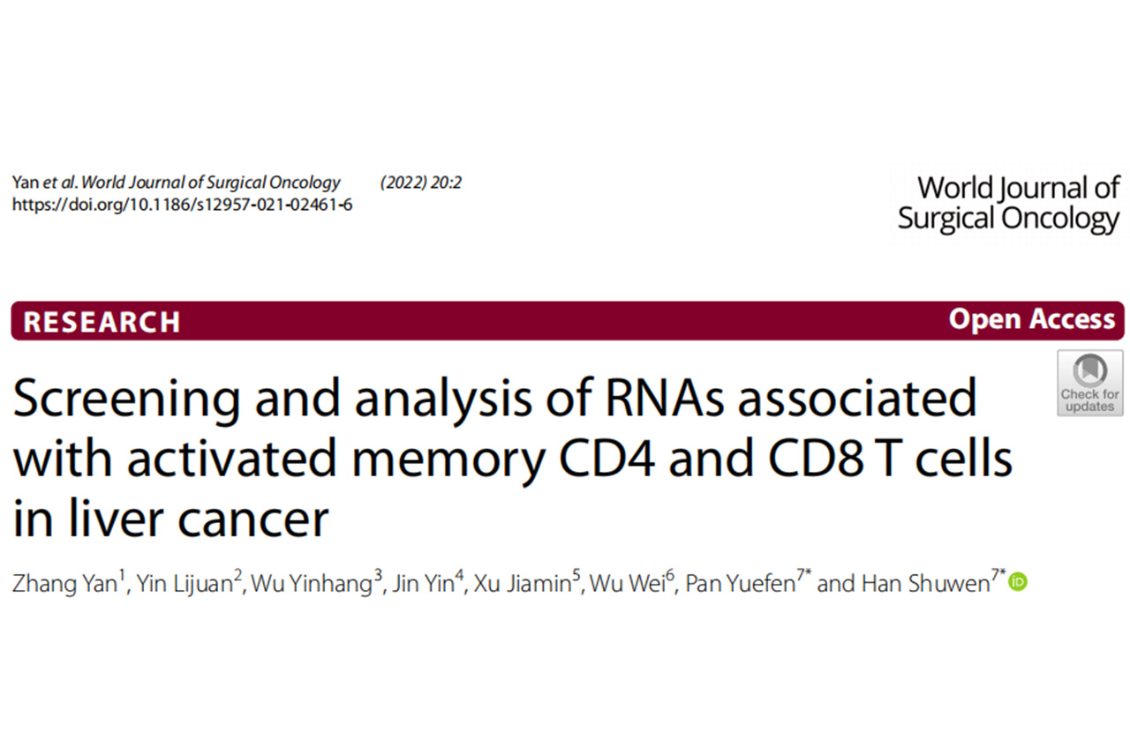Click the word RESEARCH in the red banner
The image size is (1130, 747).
point(102,322)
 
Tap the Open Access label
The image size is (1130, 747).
point(1031,319)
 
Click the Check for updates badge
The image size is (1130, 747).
point(1089,383)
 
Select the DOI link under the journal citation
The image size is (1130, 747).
point(182,205)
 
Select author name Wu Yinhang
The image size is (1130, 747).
point(313,584)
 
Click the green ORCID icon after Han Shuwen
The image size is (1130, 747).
point(1018,582)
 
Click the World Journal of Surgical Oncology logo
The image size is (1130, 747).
point(1009,203)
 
